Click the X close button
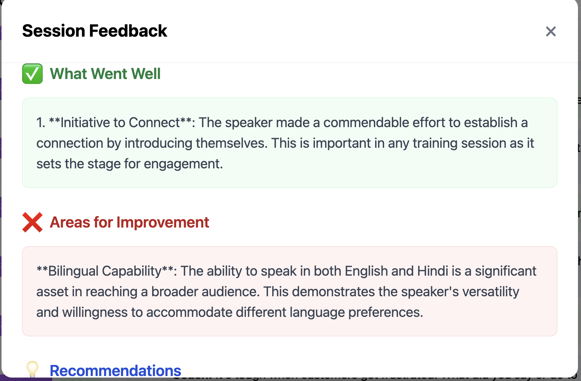[x=551, y=31]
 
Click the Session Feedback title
[x=95, y=31]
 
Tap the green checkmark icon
[x=32, y=74]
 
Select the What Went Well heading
[x=105, y=74]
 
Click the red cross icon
[x=32, y=222]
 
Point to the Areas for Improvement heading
[x=129, y=222]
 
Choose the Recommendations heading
[x=116, y=371]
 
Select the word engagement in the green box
[x=183, y=164]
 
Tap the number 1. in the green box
[x=41, y=123]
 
